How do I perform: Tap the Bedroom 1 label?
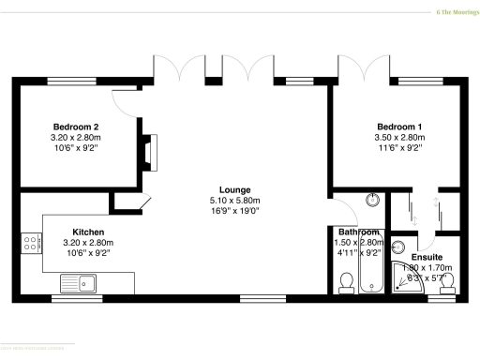click(x=399, y=127)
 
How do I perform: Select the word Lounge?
click(x=234, y=190)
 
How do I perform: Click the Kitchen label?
click(x=88, y=232)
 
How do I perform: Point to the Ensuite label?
click(x=427, y=256)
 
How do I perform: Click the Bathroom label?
click(x=358, y=232)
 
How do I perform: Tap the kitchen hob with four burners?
click(x=30, y=242)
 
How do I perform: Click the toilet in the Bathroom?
click(x=346, y=280)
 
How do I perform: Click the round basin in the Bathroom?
click(x=373, y=200)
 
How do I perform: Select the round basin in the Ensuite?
click(x=397, y=247)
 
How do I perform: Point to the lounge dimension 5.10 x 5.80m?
click(x=234, y=201)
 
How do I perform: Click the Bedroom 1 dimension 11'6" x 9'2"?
click(x=399, y=147)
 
